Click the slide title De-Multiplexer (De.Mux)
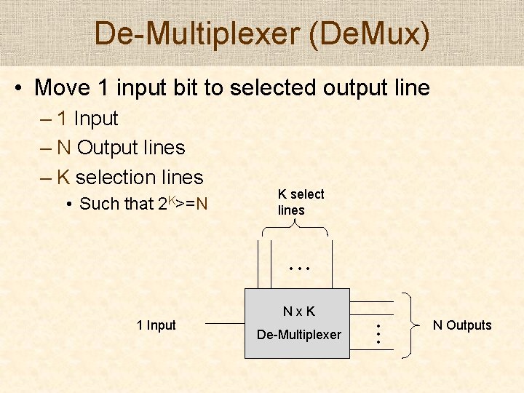(x=262, y=33)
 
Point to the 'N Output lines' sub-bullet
(x=120, y=148)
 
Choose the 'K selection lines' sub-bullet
(x=130, y=177)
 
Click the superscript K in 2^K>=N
(x=171, y=198)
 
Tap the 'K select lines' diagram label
(x=300, y=202)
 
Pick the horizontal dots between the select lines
(x=299, y=269)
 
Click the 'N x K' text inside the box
(x=299, y=311)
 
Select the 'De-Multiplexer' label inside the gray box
(x=299, y=335)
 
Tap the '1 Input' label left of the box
(x=156, y=325)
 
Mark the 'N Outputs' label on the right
(x=462, y=325)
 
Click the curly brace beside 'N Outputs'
(x=411, y=325)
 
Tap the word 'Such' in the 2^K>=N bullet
(x=98, y=205)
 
